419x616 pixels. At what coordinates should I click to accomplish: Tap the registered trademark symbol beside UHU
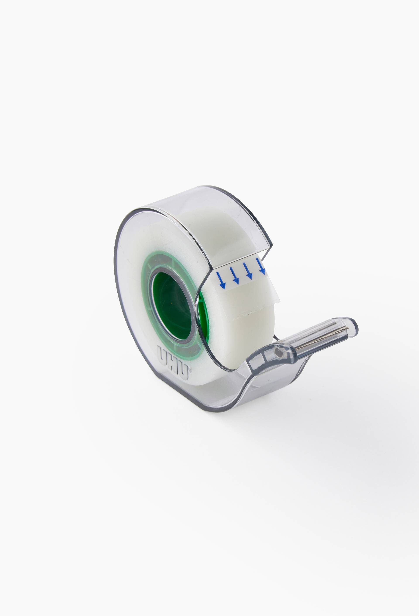(x=189, y=368)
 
